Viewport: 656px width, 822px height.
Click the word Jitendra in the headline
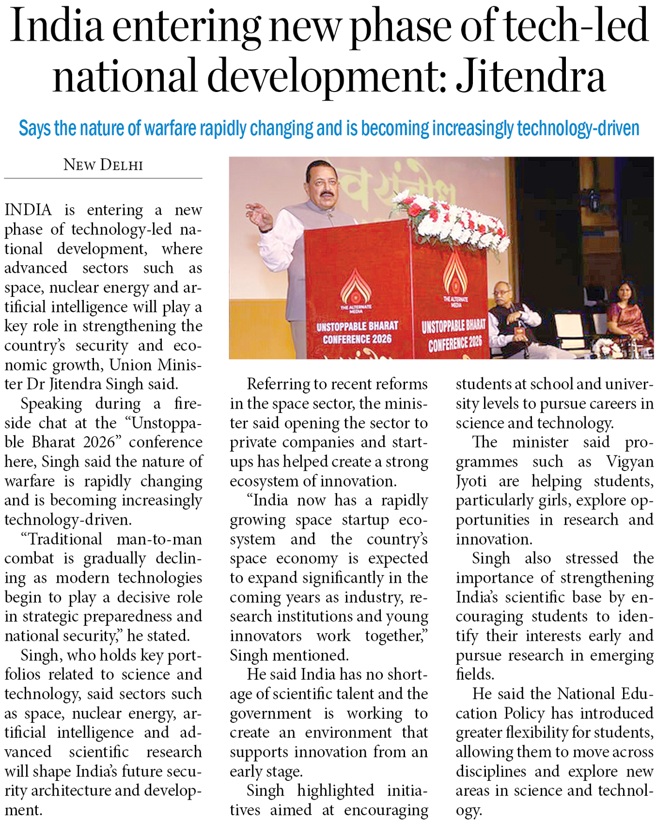point(531,76)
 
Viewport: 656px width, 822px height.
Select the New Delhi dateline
point(103,165)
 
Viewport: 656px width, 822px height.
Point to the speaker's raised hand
point(260,216)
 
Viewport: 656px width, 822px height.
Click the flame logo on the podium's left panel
point(356,286)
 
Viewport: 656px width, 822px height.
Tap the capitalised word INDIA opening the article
point(28,210)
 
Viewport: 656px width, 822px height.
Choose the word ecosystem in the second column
point(264,481)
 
